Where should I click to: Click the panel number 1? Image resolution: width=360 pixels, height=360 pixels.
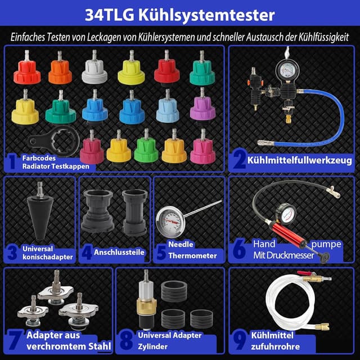click(12, 163)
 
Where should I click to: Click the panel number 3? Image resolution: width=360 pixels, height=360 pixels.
click(12, 252)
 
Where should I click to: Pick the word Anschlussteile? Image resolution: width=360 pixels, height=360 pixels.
click(119, 253)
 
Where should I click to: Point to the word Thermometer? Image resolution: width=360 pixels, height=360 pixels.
click(192, 255)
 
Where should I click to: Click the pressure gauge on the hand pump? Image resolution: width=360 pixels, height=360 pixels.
click(288, 214)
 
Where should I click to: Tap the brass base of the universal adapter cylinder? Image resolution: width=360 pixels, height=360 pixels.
click(145, 308)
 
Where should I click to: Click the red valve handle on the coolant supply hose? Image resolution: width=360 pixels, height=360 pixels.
click(308, 274)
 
